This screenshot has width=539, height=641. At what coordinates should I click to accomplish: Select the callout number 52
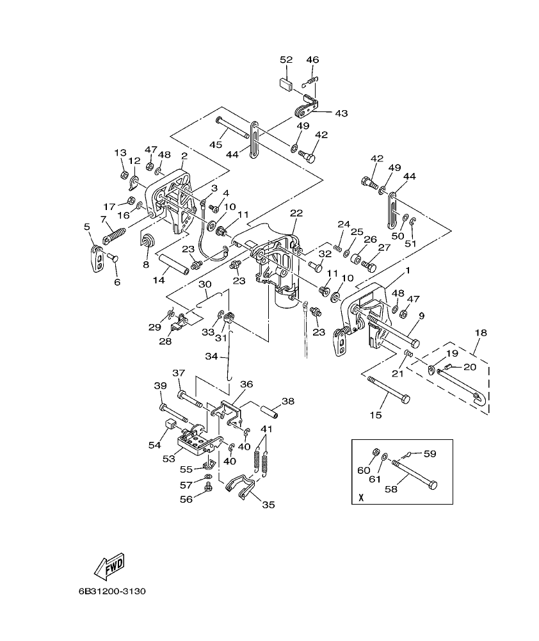click(286, 60)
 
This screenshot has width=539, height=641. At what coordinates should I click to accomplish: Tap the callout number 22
click(296, 213)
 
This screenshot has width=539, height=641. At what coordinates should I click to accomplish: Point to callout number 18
click(480, 333)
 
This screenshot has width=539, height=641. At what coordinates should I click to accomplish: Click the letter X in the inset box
click(361, 497)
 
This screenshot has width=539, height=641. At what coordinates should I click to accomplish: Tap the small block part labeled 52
click(286, 83)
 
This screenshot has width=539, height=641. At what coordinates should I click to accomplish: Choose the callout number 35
click(268, 505)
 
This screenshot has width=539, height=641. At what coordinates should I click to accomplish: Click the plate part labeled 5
click(97, 257)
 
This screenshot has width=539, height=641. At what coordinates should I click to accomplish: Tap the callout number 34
click(211, 355)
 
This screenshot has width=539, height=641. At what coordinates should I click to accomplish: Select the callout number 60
click(363, 470)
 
